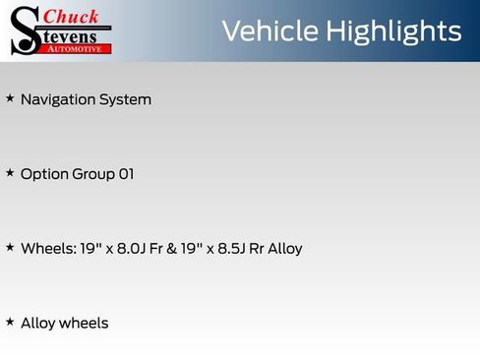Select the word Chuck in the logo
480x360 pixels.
pyautogui.click(x=72, y=16)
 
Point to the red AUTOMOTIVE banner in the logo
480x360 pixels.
pyautogui.click(x=78, y=47)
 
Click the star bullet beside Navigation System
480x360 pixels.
pyautogui.click(x=10, y=98)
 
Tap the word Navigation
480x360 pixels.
pyautogui.click(x=58, y=99)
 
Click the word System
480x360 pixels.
pyautogui.click(x=126, y=99)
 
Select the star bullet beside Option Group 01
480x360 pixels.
pyautogui.click(x=10, y=173)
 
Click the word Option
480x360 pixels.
pyautogui.click(x=44, y=174)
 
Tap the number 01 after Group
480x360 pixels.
pyautogui.click(x=126, y=174)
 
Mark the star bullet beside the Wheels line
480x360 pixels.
pyautogui.click(x=10, y=247)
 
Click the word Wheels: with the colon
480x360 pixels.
pyautogui.click(x=46, y=249)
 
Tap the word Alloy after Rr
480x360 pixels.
pyautogui.click(x=283, y=249)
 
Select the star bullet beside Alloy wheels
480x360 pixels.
pyautogui.click(x=10, y=322)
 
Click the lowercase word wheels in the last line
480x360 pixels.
pyautogui.click(x=84, y=324)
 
